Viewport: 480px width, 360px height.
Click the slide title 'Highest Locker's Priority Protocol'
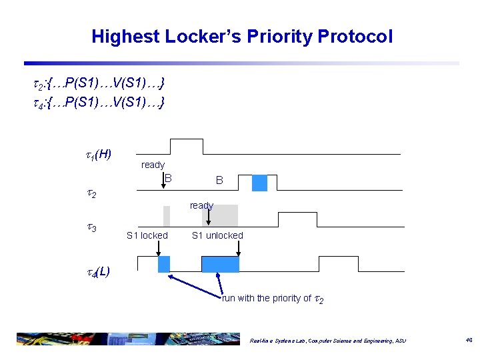pos(242,36)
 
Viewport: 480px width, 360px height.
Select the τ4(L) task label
pos(97,271)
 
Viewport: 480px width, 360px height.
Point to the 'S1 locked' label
pos(147,235)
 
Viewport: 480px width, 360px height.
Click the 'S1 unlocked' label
pos(217,235)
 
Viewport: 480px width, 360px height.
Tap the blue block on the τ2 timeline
pos(259,183)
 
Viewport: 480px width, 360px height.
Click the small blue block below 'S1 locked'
pos(164,264)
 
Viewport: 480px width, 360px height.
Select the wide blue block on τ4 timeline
pos(220,264)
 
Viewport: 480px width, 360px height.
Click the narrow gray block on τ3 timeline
pos(167,217)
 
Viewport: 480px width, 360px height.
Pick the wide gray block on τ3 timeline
pos(220,216)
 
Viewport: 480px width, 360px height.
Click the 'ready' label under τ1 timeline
pos(153,165)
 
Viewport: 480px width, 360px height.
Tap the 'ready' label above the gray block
pos(201,205)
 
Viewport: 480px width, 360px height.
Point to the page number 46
pos(469,340)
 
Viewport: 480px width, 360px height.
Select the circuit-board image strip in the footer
pos(119,339)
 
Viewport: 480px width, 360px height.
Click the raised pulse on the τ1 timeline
pos(187,147)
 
